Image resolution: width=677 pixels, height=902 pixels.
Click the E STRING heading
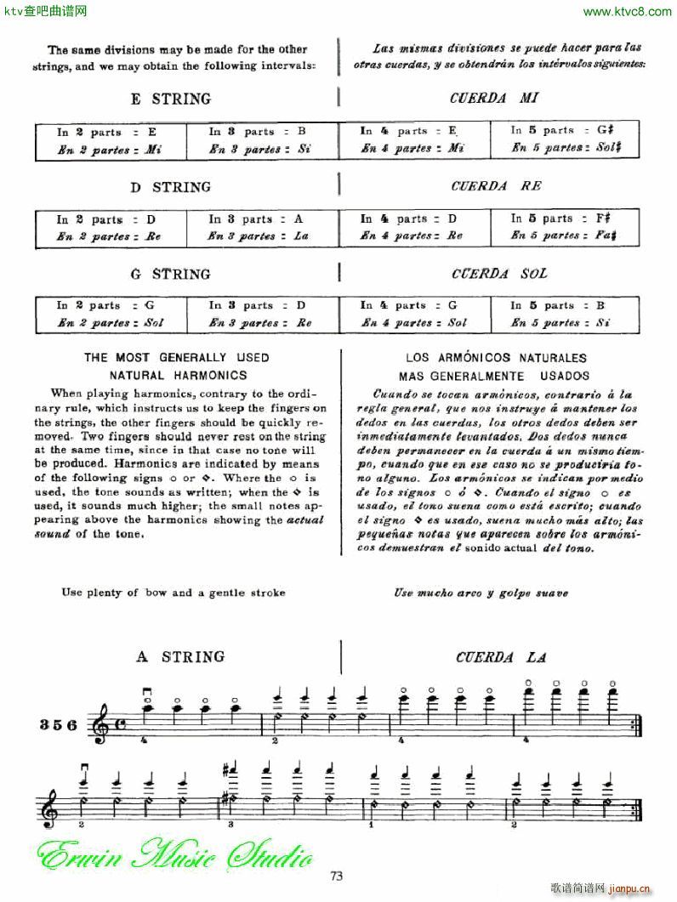pyautogui.click(x=170, y=99)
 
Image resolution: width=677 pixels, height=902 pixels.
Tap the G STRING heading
pyautogui.click(x=170, y=275)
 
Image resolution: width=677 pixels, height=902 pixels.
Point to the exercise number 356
pyautogui.click(x=59, y=725)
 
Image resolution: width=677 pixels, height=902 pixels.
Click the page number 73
pyautogui.click(x=338, y=876)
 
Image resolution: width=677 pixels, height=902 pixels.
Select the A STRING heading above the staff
pyautogui.click(x=181, y=656)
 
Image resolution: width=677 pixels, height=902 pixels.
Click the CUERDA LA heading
pyautogui.click(x=501, y=657)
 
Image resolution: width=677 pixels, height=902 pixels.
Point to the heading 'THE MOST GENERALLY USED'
pyautogui.click(x=177, y=358)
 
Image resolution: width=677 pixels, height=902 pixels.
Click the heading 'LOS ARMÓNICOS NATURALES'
pyautogui.click(x=497, y=358)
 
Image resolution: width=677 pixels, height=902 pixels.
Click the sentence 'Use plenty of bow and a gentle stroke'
pyautogui.click(x=174, y=593)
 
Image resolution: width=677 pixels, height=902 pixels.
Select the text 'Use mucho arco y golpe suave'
pyautogui.click(x=481, y=593)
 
